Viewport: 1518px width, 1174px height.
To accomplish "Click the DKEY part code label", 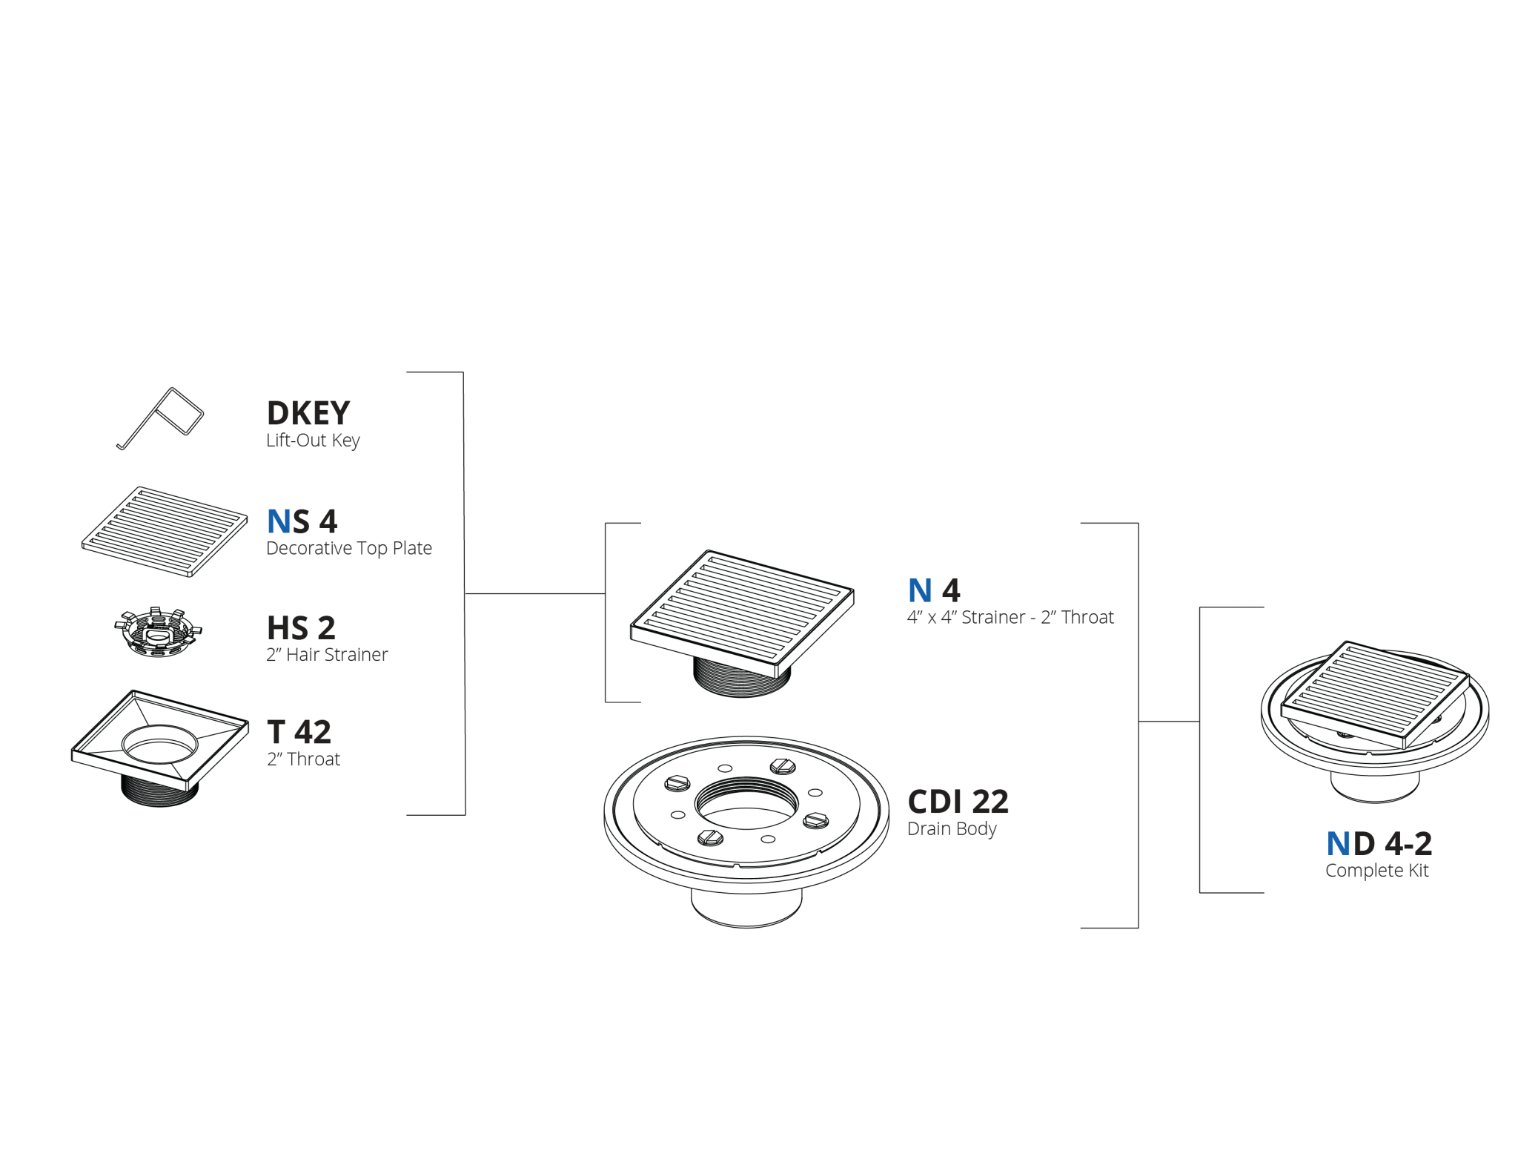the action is pyautogui.click(x=308, y=413).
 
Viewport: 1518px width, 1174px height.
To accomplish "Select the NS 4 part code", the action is pyautogui.click(x=302, y=521).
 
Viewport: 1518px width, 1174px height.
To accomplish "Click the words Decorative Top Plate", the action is pyautogui.click(x=349, y=548).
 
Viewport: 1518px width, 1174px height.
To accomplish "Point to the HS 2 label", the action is pyautogui.click(x=301, y=628).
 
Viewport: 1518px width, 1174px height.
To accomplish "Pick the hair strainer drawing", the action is pyautogui.click(x=158, y=632).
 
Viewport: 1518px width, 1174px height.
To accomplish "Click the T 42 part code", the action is pyautogui.click(x=299, y=732).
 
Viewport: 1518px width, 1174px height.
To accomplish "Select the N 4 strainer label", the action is pyautogui.click(x=934, y=590).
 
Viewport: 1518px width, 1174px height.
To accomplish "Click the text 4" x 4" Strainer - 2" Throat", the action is pyautogui.click(x=1010, y=617).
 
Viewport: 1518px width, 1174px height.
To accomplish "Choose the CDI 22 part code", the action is pyautogui.click(x=958, y=802).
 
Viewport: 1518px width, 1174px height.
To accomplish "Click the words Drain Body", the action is pyautogui.click(x=952, y=828).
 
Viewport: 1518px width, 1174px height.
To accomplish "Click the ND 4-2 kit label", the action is pyautogui.click(x=1379, y=843).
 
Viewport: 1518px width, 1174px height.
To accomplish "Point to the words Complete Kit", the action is pyautogui.click(x=1376, y=870).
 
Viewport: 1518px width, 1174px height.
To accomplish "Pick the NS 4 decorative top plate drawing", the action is pyautogui.click(x=165, y=531).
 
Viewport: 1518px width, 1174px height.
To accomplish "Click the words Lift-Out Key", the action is pyautogui.click(x=313, y=441).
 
